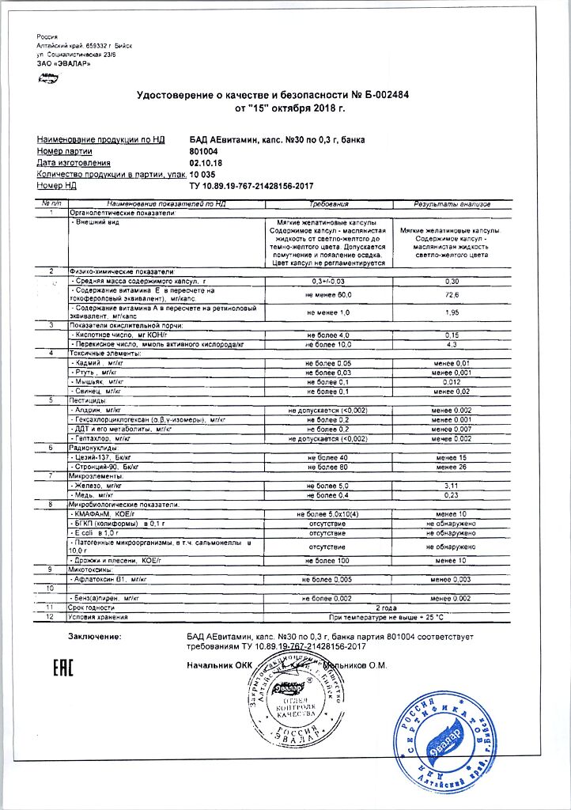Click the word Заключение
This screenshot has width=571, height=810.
pyautogui.click(x=95, y=636)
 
